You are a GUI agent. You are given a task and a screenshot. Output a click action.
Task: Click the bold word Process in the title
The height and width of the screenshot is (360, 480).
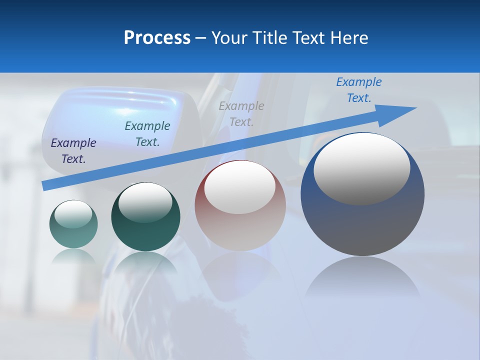(157, 38)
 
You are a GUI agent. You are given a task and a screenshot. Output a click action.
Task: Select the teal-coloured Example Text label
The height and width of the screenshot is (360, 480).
(147, 134)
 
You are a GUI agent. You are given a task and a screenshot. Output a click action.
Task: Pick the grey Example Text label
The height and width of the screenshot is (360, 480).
(241, 113)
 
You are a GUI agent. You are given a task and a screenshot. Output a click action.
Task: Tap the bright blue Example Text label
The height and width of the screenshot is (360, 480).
(359, 90)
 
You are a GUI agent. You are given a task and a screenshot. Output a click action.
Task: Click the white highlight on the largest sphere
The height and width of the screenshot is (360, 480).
(361, 167)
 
